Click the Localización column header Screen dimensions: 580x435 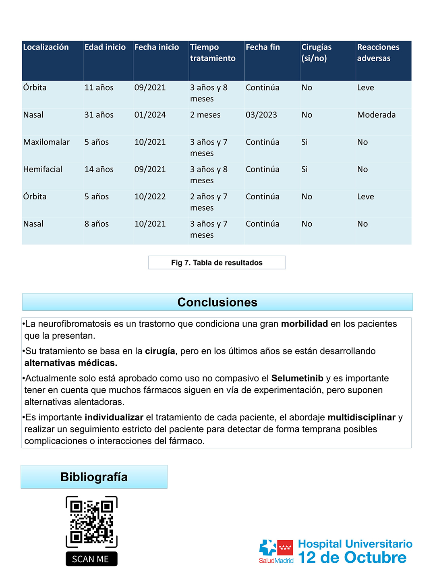click(x=46, y=47)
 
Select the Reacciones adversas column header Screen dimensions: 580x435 click(x=378, y=53)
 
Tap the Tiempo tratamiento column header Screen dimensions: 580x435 click(x=213, y=53)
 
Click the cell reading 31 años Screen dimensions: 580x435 click(x=99, y=115)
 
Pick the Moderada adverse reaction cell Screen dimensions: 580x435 click(x=376, y=115)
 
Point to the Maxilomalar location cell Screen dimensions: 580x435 click(x=46, y=142)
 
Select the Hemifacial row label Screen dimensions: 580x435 click(x=43, y=170)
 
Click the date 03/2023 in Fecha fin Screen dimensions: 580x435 click(x=261, y=115)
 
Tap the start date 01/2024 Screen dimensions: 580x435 click(x=150, y=115)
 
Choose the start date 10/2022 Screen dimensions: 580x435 click(x=150, y=197)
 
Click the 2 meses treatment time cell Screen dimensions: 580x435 click(x=205, y=115)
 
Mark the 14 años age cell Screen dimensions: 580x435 click(x=99, y=170)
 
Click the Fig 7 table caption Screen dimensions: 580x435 click(x=217, y=263)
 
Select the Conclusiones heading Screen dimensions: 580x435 click(x=217, y=302)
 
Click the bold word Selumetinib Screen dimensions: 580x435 click(x=297, y=378)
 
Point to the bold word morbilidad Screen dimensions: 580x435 click(x=304, y=324)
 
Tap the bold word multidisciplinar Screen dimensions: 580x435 click(x=361, y=417)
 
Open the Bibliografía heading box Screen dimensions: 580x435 click(x=94, y=477)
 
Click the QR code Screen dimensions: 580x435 click(x=91, y=522)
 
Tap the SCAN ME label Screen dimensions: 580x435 click(x=91, y=559)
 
